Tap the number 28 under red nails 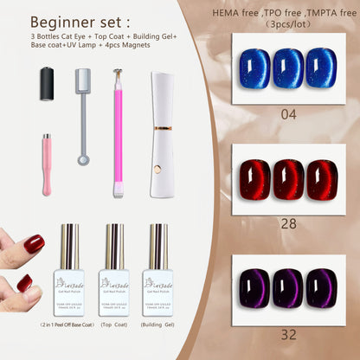tap(288, 223)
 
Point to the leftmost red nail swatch tap(254, 180)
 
